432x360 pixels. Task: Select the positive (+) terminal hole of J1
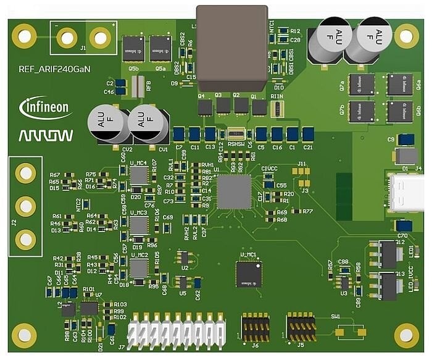coord(99,39)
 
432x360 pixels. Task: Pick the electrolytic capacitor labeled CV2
coord(107,125)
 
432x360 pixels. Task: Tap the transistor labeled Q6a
coord(400,85)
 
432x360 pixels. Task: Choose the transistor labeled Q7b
coord(362,112)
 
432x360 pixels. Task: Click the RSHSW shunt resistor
coord(236,134)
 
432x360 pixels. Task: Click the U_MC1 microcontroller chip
coord(248,274)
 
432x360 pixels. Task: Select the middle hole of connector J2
coord(25,206)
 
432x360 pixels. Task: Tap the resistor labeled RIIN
coord(277,109)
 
